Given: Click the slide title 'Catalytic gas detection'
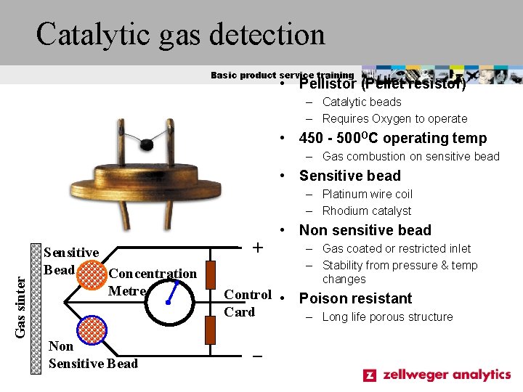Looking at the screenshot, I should coord(181,34).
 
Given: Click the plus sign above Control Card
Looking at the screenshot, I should coord(256,248).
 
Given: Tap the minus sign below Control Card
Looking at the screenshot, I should coord(256,356).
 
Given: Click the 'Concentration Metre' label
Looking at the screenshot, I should coord(152,282).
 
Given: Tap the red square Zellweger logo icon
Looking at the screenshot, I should coord(370,375).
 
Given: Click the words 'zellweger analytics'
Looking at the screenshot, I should coord(447,375).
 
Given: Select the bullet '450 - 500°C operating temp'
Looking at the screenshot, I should coord(393,138).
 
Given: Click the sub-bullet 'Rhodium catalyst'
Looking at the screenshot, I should coord(366,211).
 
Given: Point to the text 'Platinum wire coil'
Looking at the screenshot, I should coord(367,194).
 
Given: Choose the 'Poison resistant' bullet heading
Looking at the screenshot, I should coord(355,298).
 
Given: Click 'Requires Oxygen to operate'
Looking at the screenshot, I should coord(394,119).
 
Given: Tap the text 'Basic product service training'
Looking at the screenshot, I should coord(282,75).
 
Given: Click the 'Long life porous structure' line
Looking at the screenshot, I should coord(387,317).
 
